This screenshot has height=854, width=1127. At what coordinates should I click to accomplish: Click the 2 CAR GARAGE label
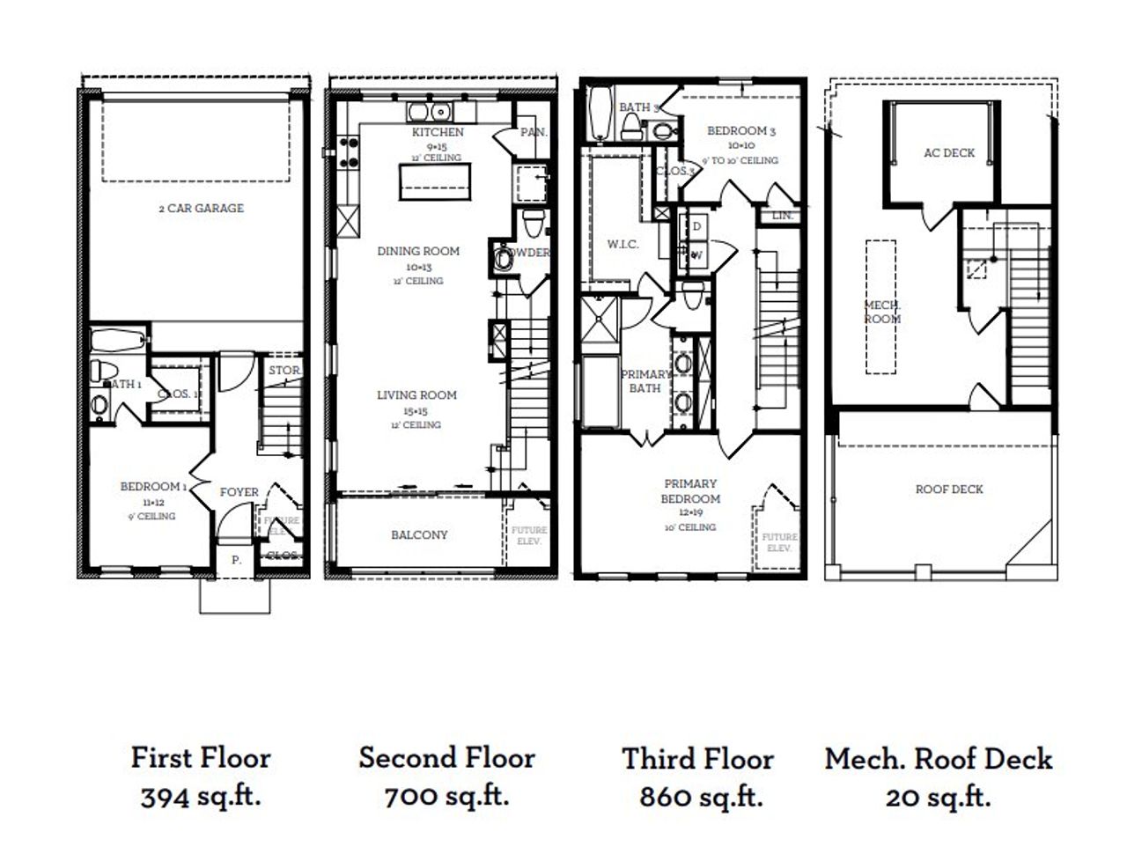201,209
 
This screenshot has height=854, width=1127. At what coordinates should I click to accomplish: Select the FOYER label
239,492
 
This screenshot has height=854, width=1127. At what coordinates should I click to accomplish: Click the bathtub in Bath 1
119,340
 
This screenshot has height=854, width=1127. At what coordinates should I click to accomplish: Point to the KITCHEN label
438,132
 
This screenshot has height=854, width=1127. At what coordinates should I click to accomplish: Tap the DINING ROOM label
418,251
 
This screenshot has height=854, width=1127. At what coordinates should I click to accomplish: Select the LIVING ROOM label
416,395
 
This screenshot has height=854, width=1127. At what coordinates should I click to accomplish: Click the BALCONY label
419,534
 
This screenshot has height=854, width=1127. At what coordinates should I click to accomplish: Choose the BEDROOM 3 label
740,131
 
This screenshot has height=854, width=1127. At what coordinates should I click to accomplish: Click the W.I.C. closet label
622,244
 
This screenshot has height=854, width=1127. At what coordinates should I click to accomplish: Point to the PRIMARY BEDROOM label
690,491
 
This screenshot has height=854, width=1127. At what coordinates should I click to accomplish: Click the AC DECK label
949,152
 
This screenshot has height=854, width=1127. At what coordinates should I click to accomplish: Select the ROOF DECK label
949,489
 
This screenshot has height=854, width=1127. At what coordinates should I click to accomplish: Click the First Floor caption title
201,757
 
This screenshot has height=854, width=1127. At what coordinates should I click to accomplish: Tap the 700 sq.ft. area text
446,797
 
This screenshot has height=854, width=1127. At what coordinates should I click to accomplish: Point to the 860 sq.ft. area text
700,797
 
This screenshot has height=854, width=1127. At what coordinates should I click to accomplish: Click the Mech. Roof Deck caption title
939,759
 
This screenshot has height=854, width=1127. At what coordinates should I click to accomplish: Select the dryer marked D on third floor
696,226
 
